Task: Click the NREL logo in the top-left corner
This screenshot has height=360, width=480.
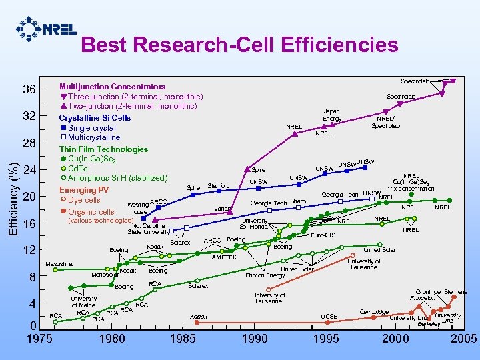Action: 45,29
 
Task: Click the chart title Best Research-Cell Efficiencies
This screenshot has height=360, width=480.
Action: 239,45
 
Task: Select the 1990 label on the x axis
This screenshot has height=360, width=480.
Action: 255,338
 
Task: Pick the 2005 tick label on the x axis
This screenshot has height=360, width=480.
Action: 463,338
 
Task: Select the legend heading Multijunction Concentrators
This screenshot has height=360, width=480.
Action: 112,87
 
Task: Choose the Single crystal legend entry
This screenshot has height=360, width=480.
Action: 91,128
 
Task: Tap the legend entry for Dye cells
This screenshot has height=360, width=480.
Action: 83,200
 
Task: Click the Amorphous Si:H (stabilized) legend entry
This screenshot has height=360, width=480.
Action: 117,178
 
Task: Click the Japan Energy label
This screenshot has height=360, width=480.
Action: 332,115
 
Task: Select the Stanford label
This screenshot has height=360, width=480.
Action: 219,186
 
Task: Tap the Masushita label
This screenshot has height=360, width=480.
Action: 59,264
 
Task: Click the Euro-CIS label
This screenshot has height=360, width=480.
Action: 323,235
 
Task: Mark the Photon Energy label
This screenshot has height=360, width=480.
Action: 265,275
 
